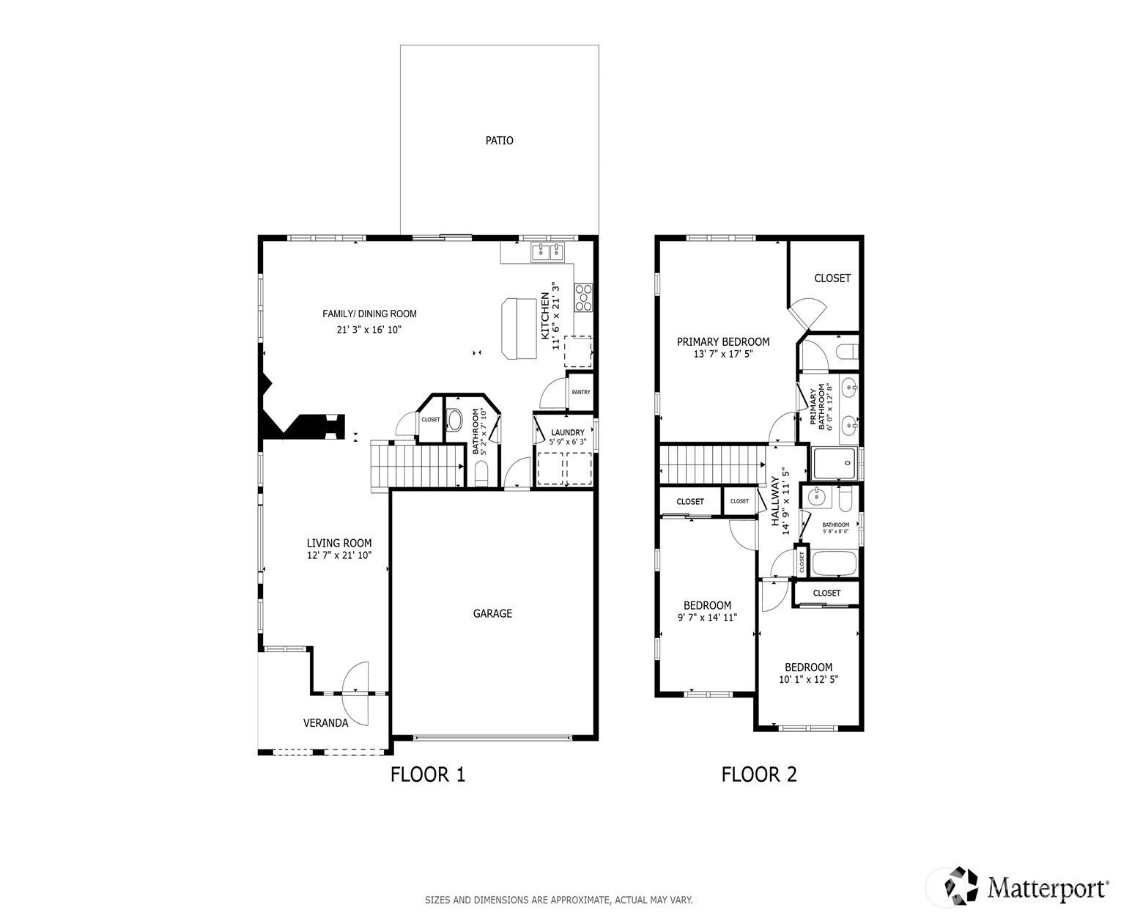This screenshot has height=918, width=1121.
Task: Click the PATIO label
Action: pos(499,141)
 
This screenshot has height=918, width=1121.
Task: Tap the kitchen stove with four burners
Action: pos(583,297)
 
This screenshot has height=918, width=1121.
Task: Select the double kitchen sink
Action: pos(548,252)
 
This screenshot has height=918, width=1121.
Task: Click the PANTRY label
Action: pos(581,392)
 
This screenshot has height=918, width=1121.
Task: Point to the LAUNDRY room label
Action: pos(567,432)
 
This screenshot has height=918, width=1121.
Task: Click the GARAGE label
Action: pos(492,613)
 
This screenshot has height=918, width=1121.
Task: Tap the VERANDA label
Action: pos(325,723)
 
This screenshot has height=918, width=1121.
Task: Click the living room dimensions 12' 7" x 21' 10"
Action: pos(339,555)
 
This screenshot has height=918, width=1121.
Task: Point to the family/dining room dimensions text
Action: pos(369,330)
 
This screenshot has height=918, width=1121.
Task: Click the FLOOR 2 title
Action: pos(758,774)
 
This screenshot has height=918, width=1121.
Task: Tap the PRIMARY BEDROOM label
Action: pos(723,342)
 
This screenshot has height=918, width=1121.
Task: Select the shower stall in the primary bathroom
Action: pos(834,463)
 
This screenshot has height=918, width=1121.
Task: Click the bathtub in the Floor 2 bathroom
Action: pos(834,563)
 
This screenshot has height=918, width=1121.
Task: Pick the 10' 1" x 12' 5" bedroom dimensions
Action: pos(808,679)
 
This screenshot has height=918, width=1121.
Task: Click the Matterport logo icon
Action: pos(961,886)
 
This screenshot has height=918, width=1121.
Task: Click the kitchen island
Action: pos(519,329)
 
